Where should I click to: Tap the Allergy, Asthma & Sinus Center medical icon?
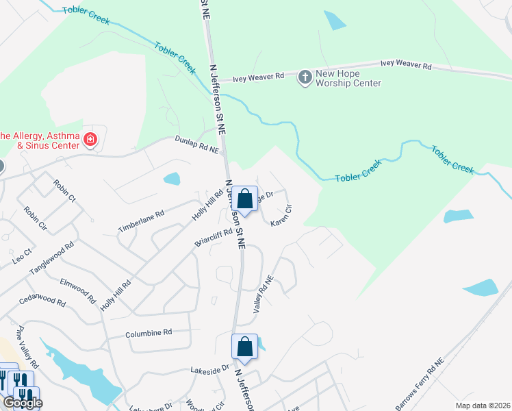tap(90, 141)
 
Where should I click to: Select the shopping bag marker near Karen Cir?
tap(245, 199)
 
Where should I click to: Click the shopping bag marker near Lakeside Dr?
tap(245, 348)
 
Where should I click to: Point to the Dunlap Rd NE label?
tap(196, 144)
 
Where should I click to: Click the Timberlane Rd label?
tap(141, 221)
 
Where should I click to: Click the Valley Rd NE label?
tap(263, 295)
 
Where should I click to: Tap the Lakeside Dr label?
tap(210, 369)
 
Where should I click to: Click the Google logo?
tap(23, 403)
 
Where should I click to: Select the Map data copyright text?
tap(482, 406)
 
